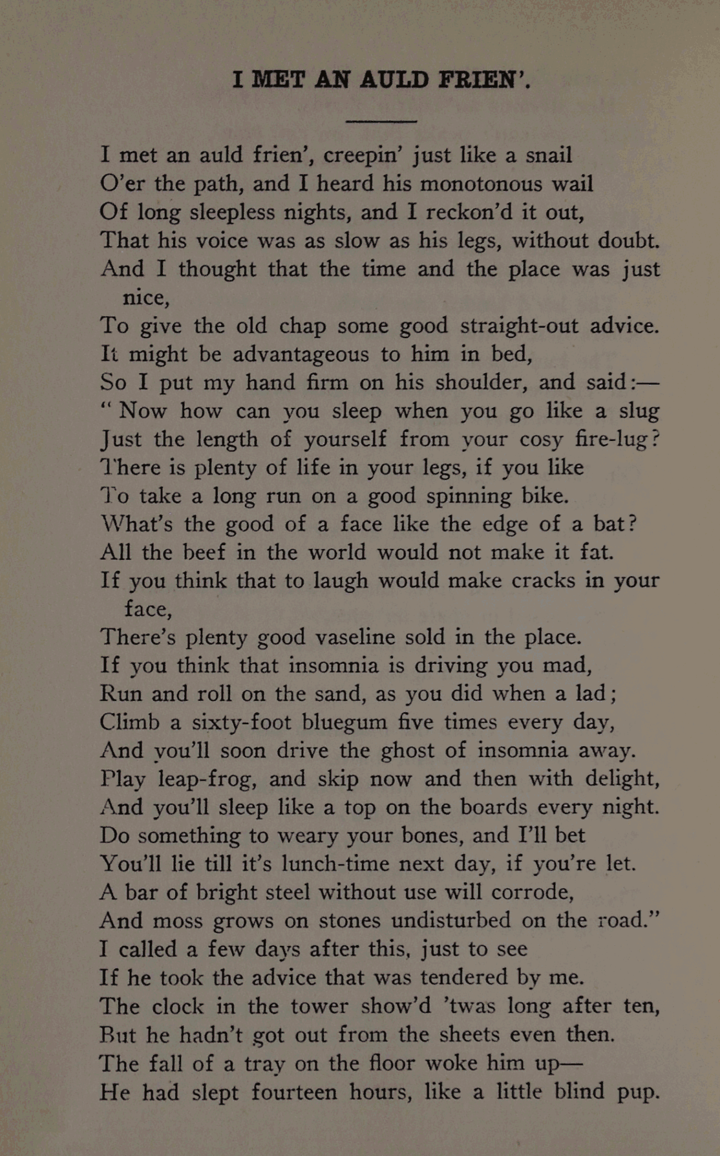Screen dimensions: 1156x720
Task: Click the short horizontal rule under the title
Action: point(381,121)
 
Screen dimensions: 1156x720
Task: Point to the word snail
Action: point(549,155)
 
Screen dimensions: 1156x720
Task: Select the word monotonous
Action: point(481,184)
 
